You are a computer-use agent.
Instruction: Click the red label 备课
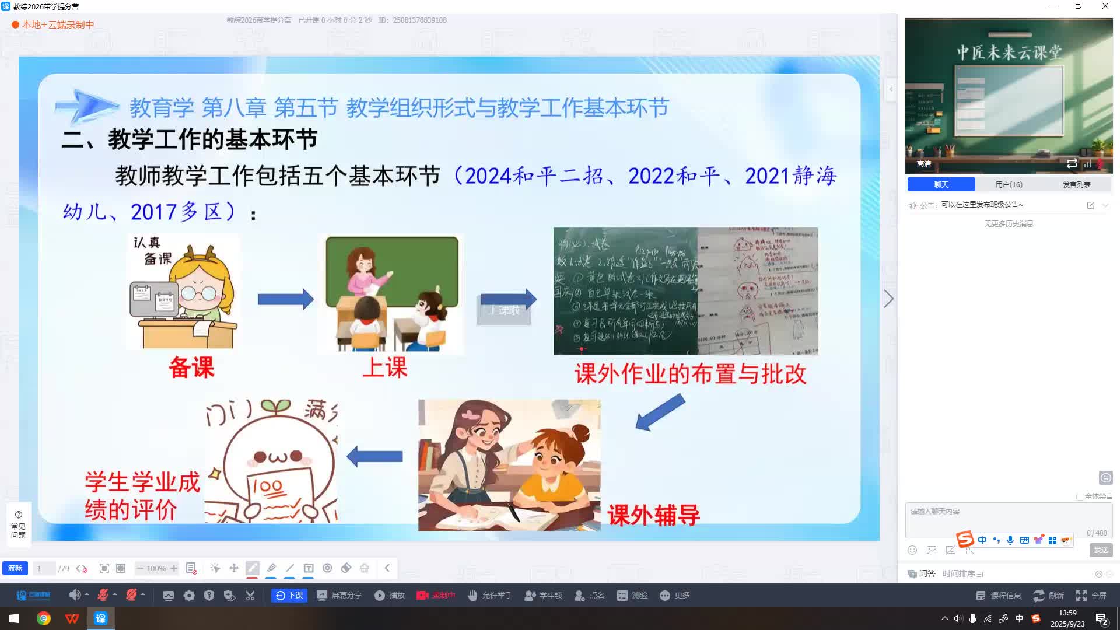pyautogui.click(x=191, y=367)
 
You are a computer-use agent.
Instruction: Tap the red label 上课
pyautogui.click(x=385, y=367)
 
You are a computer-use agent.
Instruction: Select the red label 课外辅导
pyautogui.click(x=653, y=515)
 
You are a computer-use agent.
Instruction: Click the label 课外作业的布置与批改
pyautogui.click(x=691, y=374)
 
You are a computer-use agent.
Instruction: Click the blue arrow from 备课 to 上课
pyautogui.click(x=285, y=299)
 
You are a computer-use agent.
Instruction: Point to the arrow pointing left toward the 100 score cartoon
pyautogui.click(x=374, y=456)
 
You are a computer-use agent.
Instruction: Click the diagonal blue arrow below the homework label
pyautogui.click(x=660, y=412)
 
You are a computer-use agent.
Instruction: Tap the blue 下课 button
pyautogui.click(x=289, y=595)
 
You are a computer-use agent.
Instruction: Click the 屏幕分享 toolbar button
pyautogui.click(x=339, y=595)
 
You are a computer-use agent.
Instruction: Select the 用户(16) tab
pyautogui.click(x=1009, y=184)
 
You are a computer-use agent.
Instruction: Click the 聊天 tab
pyautogui.click(x=941, y=184)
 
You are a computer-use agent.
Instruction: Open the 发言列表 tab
pyautogui.click(x=1076, y=184)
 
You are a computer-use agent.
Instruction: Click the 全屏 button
pyautogui.click(x=1091, y=595)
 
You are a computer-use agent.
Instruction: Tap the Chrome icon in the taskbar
pyautogui.click(x=44, y=618)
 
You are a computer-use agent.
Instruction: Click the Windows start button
pyautogui.click(x=14, y=618)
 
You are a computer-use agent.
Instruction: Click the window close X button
pyautogui.click(x=1105, y=6)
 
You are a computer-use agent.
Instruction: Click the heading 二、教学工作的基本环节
pyautogui.click(x=190, y=139)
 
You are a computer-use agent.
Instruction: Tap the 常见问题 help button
pyautogui.click(x=18, y=524)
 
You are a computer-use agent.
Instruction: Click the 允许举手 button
pyautogui.click(x=490, y=595)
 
